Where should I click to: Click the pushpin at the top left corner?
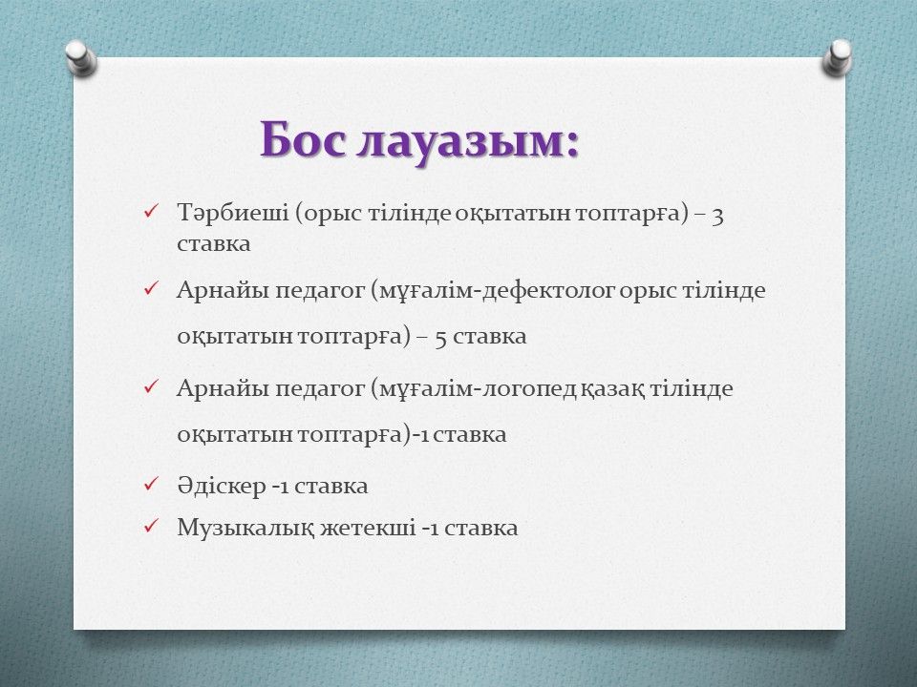click(80, 57)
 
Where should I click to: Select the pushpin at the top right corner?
click(837, 57)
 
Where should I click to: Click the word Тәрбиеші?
click(233, 213)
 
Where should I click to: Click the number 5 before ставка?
click(441, 338)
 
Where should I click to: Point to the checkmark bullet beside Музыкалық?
click(150, 525)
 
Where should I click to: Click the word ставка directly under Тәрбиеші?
click(213, 244)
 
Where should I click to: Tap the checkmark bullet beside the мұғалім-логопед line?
click(150, 385)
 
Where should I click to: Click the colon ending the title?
click(572, 145)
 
